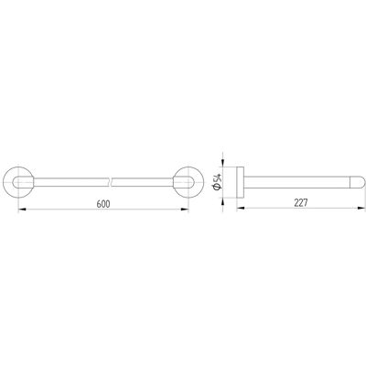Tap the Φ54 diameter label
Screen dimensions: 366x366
pos(218,182)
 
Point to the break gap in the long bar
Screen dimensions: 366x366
pos(112,182)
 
